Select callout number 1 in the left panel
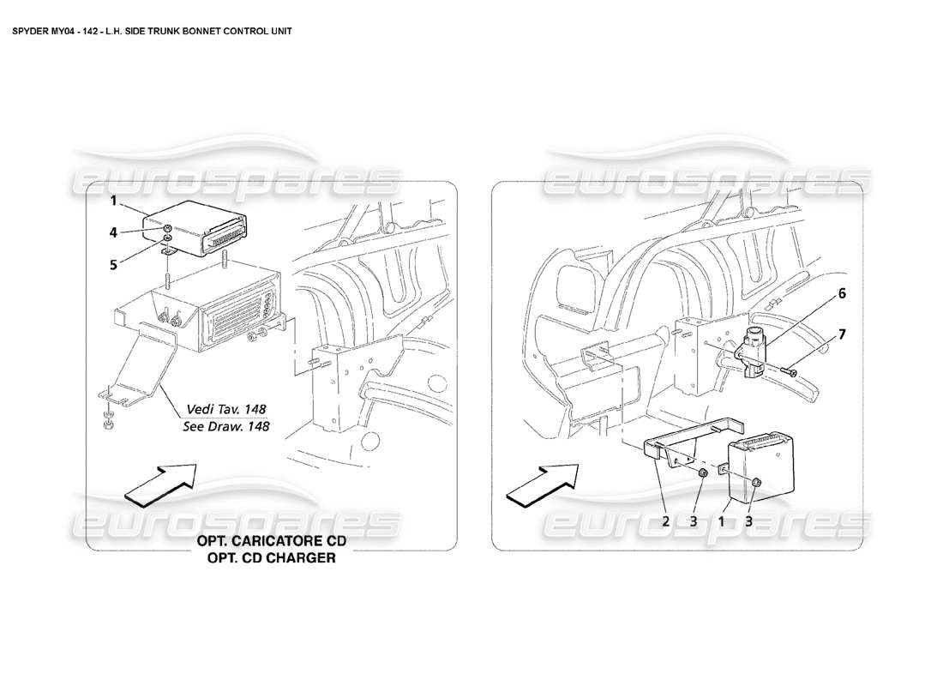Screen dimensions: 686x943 112,203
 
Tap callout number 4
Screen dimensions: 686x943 112,232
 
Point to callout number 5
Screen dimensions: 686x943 112,265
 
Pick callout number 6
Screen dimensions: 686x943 842,293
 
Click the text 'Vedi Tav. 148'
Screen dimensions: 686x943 225,409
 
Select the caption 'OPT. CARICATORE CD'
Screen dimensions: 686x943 267,542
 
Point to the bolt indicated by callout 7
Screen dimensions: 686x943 790,371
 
